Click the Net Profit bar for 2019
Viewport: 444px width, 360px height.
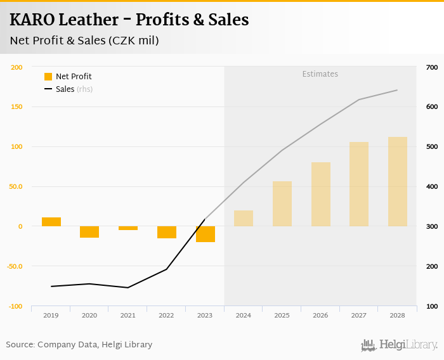pos(51,222)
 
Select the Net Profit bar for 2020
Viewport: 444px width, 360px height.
pos(89,232)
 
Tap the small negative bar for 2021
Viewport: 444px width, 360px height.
pos(128,228)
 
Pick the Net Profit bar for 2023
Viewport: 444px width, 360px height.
pos(205,234)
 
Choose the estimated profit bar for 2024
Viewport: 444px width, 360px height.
pos(244,218)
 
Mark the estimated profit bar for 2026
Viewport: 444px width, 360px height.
pos(320,194)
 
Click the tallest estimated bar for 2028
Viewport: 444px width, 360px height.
pos(398,181)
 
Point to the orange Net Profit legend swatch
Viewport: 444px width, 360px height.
pos(48,77)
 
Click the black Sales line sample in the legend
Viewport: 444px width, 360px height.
pos(48,89)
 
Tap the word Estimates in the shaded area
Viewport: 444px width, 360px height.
pos(320,74)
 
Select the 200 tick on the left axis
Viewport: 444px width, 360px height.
pos(17,67)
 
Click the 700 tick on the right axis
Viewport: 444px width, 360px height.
pos(432,67)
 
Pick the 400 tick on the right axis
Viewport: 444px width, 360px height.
pos(432,187)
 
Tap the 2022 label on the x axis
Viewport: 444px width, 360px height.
pos(166,315)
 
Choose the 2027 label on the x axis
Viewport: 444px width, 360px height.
pos(359,315)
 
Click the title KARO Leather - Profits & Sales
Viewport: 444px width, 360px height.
pos(129,20)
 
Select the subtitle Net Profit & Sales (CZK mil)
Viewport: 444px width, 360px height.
pos(84,41)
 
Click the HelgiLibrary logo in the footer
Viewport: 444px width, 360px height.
pos(399,345)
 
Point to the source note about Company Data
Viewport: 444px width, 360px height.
pos(79,345)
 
